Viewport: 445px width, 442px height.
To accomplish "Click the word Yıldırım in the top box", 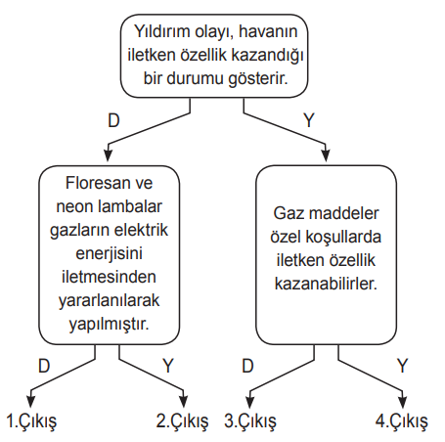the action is pyautogui.click(x=162, y=31).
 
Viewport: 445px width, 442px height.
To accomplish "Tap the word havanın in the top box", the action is pyautogui.click(x=268, y=31).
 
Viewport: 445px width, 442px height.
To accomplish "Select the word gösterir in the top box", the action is pyautogui.click(x=257, y=79).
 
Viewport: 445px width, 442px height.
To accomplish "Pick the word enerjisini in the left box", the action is pyautogui.click(x=109, y=254).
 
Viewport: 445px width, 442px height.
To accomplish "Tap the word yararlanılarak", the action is pyautogui.click(x=109, y=301).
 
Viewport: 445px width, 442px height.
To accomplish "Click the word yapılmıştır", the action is pyautogui.click(x=109, y=325).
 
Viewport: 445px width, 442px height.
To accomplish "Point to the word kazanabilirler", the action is pyautogui.click(x=326, y=284).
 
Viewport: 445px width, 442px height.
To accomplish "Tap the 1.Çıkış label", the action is pyautogui.click(x=31, y=421).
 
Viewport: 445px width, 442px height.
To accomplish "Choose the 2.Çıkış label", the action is pyautogui.click(x=182, y=421).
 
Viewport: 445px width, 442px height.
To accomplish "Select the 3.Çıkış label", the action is pyautogui.click(x=250, y=421).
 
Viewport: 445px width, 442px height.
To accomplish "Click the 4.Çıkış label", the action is pyautogui.click(x=401, y=421).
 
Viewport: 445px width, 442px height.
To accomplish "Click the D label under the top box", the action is pyautogui.click(x=113, y=120).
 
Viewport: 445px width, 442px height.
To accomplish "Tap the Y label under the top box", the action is pyautogui.click(x=309, y=120).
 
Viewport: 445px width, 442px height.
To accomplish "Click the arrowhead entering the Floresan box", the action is pyautogui.click(x=108, y=155).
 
